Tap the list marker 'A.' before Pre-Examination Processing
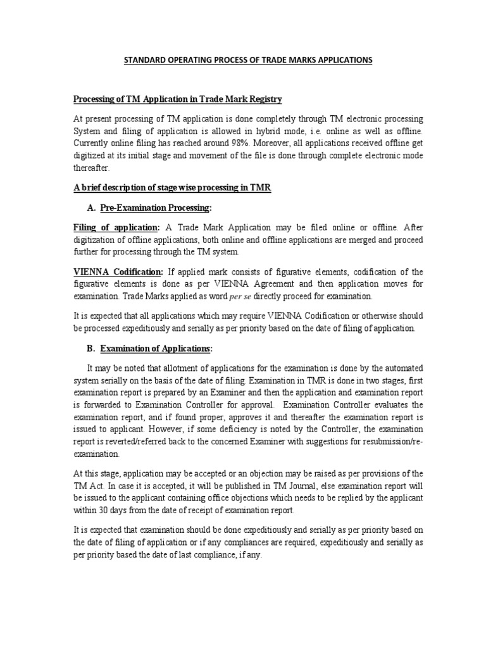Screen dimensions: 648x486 [x=90, y=208]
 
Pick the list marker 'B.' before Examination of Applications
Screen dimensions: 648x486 [x=90, y=349]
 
